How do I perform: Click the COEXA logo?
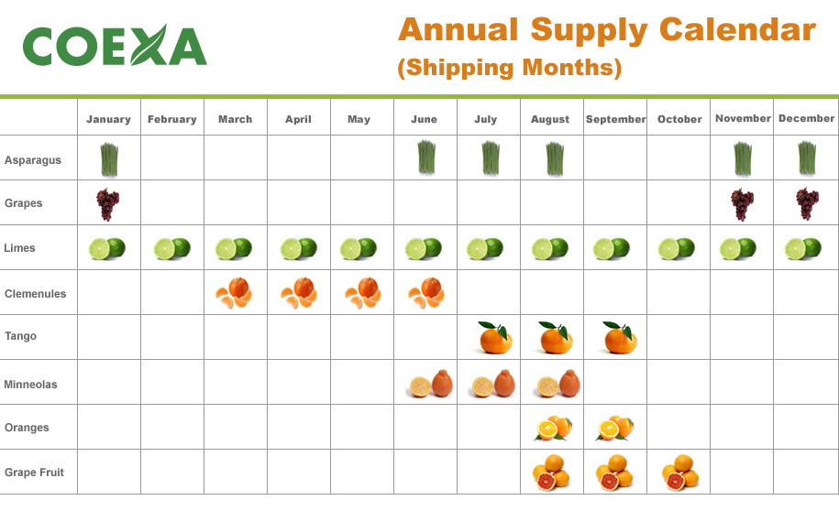point(115,45)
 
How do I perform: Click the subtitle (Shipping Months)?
point(509,68)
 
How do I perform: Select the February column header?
point(171,119)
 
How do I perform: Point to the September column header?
point(615,119)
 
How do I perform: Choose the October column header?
point(679,119)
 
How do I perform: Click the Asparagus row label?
point(32,160)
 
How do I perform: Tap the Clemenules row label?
point(34,294)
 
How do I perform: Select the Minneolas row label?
point(30,385)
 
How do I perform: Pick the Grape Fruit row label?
point(34,473)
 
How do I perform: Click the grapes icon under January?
point(108,204)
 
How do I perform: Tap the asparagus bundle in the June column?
point(425,158)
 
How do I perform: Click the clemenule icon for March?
point(234,293)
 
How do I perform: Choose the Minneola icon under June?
point(429,384)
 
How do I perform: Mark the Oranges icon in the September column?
point(614,428)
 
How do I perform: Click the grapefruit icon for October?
point(679,473)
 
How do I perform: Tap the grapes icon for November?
point(741,204)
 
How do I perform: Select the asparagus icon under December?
point(805,158)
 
